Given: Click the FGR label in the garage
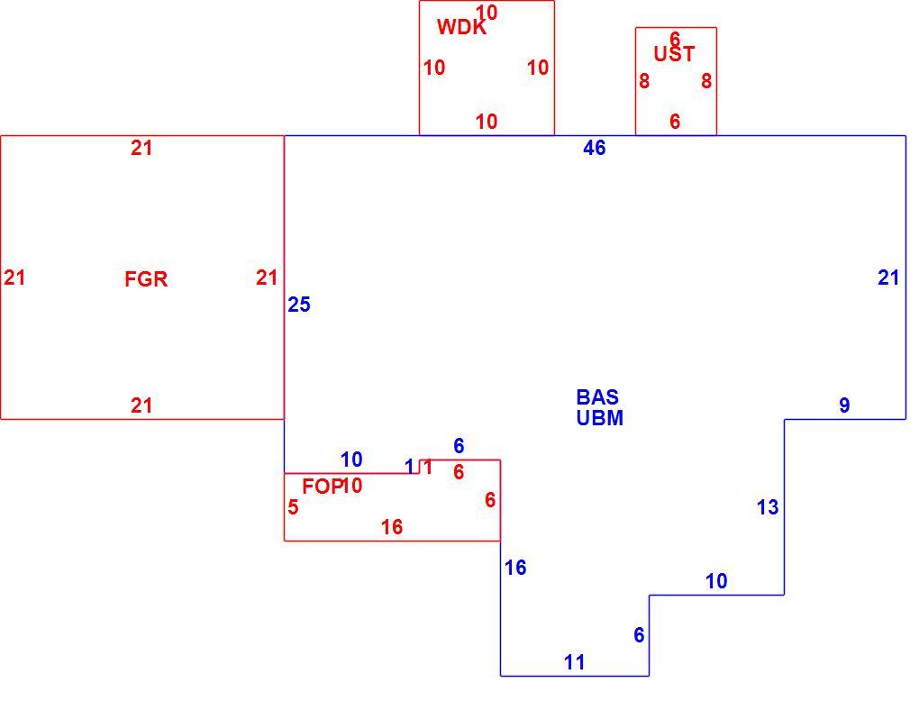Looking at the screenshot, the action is coord(146,279).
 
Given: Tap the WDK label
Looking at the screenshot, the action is coord(461,28).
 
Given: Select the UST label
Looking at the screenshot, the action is coord(674,54).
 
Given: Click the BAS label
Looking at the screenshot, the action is coord(597,397).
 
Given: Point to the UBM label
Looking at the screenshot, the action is coord(599,418).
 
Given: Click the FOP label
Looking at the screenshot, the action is coord(322,486).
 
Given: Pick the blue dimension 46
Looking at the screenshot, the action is coord(595,148).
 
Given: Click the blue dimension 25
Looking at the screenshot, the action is coord(299,305).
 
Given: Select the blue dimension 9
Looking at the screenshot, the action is coord(844,405).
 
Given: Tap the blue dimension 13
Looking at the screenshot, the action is coord(768,507).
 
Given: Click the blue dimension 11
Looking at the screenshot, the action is coord(575,662).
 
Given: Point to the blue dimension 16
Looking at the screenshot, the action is coord(515,568).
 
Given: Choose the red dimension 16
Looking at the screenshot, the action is coord(392,527).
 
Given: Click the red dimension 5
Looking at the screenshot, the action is coord(293,507).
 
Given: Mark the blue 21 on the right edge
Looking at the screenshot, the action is coord(888,278).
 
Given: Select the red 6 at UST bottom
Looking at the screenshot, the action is coord(675,122).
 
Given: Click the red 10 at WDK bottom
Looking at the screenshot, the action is coord(487,122).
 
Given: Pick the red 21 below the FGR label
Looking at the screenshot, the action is coord(141,405).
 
